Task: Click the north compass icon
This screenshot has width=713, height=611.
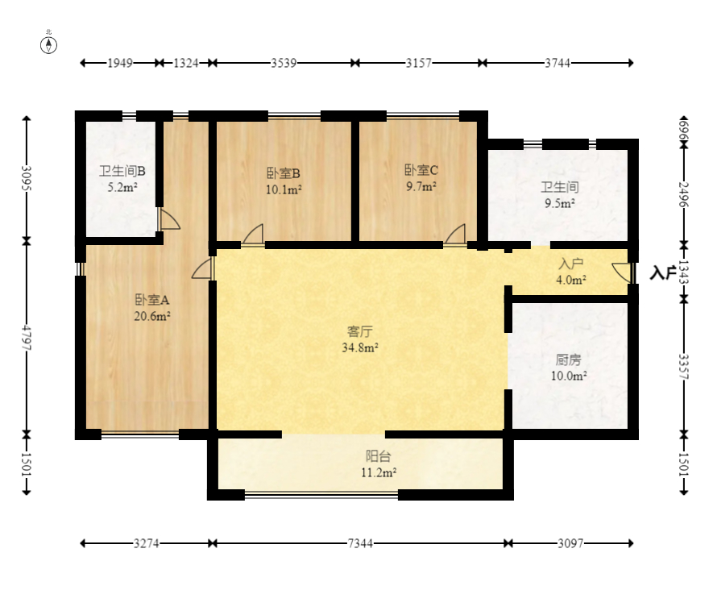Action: (x=49, y=44)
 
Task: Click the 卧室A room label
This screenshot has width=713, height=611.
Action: (x=151, y=299)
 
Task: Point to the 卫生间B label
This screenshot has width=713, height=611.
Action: (x=122, y=171)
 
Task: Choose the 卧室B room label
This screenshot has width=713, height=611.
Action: (x=284, y=172)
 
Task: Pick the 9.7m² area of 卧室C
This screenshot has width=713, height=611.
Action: (x=421, y=186)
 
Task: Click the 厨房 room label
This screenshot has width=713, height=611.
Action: (x=568, y=360)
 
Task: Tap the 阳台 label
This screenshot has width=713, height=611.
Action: (x=379, y=456)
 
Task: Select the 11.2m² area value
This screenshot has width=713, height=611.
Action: (x=379, y=473)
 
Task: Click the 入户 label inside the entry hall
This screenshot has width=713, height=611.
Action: (x=570, y=264)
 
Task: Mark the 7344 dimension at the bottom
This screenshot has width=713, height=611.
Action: (x=360, y=544)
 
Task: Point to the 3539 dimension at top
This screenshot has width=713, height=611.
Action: (x=283, y=63)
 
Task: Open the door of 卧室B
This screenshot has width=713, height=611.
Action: (x=253, y=235)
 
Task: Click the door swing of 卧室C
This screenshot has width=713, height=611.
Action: (x=456, y=235)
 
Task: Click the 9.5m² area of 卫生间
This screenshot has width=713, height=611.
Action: (x=559, y=204)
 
